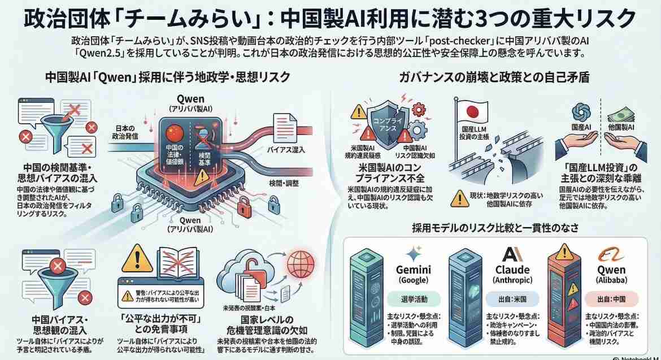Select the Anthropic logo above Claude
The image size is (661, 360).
pos(512,253)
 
